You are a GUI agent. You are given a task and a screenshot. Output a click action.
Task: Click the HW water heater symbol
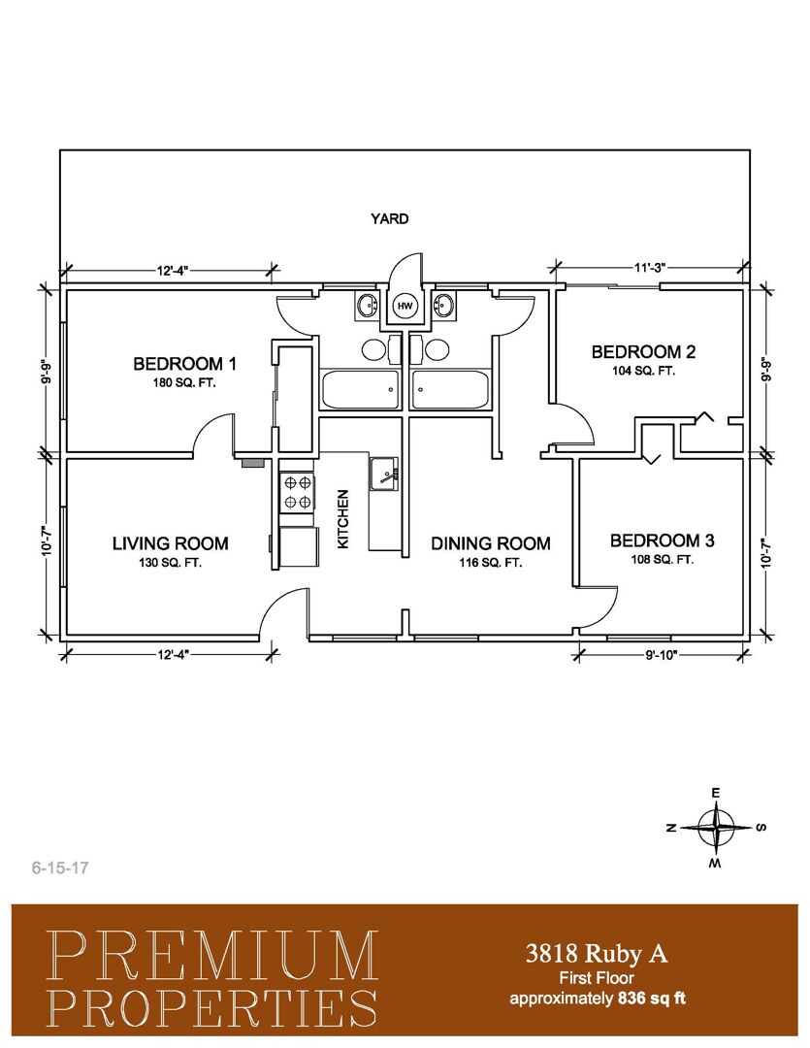pos(405,306)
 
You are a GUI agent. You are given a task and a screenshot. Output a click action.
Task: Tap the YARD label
pos(390,218)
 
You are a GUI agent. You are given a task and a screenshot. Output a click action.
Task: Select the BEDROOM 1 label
pos(184,364)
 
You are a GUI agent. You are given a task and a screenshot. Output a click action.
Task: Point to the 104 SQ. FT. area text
pos(643,371)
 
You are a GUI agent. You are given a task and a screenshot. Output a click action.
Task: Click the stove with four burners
pos(297,492)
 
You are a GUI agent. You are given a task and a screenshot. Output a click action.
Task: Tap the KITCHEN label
pos(343,519)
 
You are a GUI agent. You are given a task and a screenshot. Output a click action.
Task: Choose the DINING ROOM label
pos(491,543)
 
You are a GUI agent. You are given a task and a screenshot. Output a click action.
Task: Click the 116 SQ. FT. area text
pos(491,563)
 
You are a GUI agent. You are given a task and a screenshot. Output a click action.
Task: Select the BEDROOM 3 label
pos(663,540)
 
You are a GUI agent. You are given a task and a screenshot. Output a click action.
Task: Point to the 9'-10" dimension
pos(662,655)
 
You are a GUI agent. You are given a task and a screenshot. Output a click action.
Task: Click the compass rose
pos(716,828)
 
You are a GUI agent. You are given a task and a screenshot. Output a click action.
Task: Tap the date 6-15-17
pos(60,868)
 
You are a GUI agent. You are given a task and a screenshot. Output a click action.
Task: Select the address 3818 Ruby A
pos(597,953)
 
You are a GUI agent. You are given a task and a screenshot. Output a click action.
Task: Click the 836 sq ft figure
pos(652,999)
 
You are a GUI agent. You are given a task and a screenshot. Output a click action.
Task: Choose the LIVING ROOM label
pos(171,543)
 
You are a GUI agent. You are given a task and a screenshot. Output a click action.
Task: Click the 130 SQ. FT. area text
pos(171,563)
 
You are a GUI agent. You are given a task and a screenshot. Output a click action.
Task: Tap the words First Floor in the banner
pos(597,978)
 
